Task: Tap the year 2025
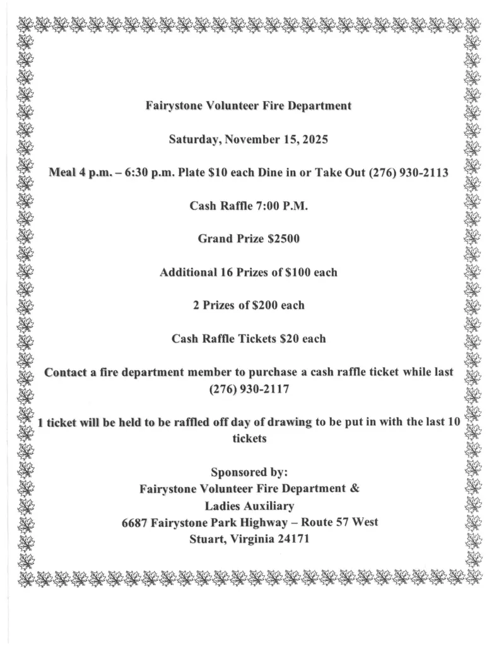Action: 314,139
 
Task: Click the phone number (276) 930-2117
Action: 249,389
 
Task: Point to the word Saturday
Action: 193,139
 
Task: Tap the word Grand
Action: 215,239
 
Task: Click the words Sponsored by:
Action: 249,472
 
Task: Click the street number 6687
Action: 135,522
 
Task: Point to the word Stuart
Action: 207,539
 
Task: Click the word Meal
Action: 62,173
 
